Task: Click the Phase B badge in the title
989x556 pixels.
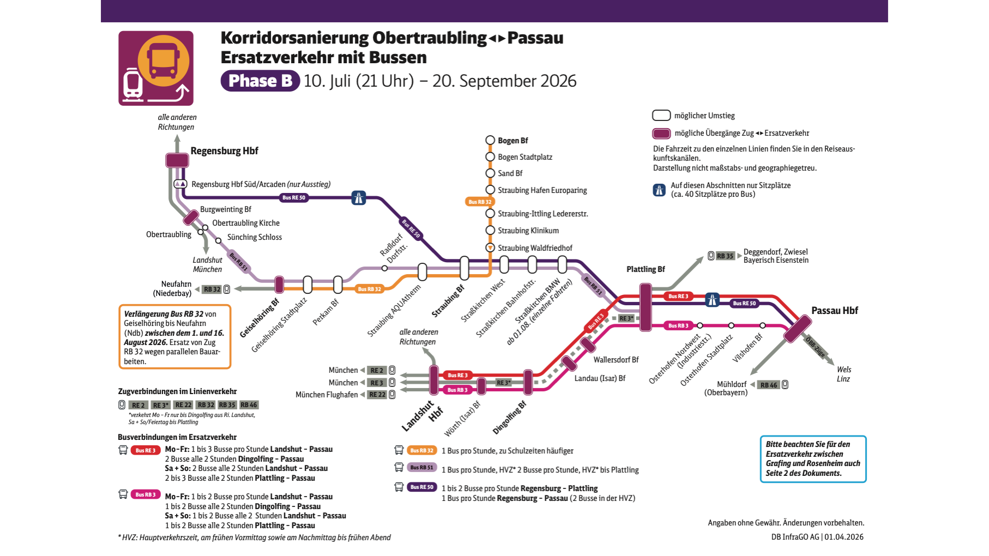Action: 260,81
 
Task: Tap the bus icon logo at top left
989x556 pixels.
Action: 156,68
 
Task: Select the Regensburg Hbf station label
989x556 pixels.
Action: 224,151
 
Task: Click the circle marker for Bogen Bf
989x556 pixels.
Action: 490,141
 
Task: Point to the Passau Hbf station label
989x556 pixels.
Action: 834,311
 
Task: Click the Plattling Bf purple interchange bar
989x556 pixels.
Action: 646,307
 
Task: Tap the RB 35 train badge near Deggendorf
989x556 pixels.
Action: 725,256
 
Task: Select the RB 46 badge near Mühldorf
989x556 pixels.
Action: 768,385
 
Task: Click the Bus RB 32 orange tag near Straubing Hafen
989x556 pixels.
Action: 480,202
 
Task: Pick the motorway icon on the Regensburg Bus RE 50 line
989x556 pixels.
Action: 358,198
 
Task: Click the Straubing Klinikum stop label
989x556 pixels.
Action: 528,231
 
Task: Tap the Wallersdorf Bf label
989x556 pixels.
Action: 616,360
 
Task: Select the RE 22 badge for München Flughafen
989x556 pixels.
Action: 377,395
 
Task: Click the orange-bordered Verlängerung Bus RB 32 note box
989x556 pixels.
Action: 174,337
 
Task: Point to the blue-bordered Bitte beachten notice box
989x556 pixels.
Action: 812,458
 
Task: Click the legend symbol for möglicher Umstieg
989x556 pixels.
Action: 661,116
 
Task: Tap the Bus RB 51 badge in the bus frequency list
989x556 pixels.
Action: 422,467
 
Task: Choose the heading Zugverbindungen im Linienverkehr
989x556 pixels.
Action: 177,391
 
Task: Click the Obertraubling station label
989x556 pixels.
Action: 168,234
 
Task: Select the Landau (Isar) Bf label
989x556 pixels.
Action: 600,378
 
